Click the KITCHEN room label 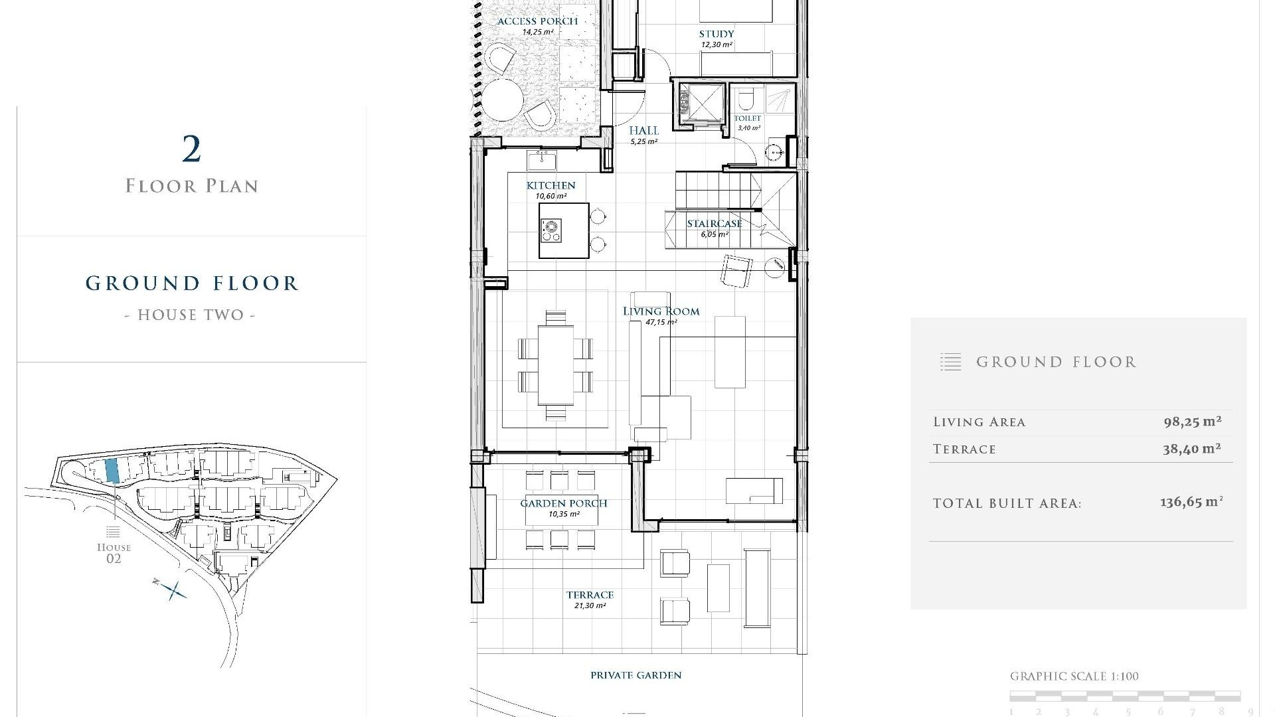[551, 185]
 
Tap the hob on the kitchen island [551, 230]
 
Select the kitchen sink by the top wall [541, 160]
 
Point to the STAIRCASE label [714, 224]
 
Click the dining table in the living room [556, 365]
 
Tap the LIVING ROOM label [661, 311]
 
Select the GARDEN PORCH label [563, 503]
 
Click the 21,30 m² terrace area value [590, 605]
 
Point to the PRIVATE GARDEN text [636, 675]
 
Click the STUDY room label [717, 34]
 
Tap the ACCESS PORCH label [537, 21]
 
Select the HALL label [643, 131]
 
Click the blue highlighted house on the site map [112, 470]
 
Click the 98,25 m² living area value [1192, 422]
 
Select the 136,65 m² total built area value [1191, 502]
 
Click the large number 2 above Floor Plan [191, 149]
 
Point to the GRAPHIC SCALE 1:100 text [1074, 677]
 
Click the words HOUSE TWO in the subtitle [191, 315]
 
